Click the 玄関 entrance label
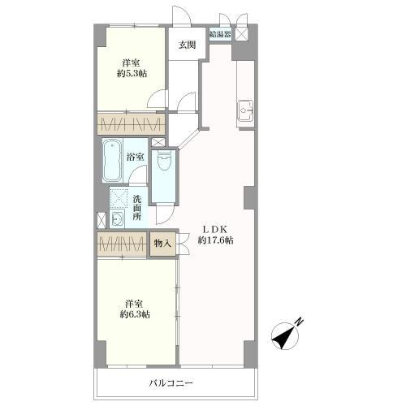pos(187,45)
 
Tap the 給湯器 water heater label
pos(220,34)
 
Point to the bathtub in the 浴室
pos(112,161)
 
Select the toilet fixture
pos(163,160)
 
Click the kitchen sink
pos(246,110)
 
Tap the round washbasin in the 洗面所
pos(117,218)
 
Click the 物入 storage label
pos(162,244)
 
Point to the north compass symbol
pos(285,335)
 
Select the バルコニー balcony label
pos(171,383)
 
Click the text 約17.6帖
pos(215,240)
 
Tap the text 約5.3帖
pos(132,74)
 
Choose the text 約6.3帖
pos(135,314)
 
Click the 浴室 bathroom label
pos(136,157)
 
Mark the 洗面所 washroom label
pos(137,208)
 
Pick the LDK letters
pos(215,230)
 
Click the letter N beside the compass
pos(300,321)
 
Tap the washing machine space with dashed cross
pos(119,199)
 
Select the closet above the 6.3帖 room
pos(122,244)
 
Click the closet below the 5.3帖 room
pos(132,124)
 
